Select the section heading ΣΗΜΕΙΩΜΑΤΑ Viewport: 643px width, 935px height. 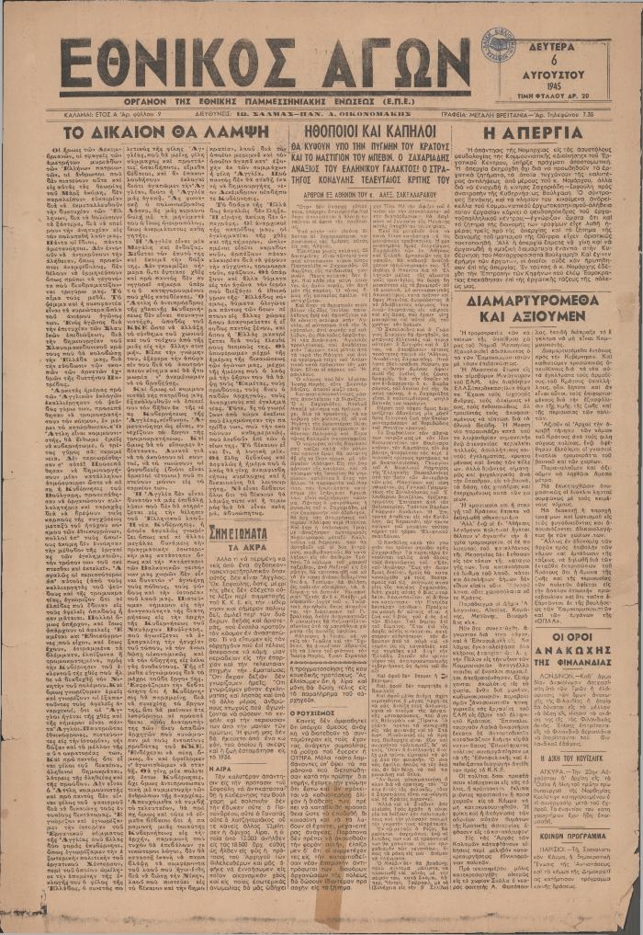241,532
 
